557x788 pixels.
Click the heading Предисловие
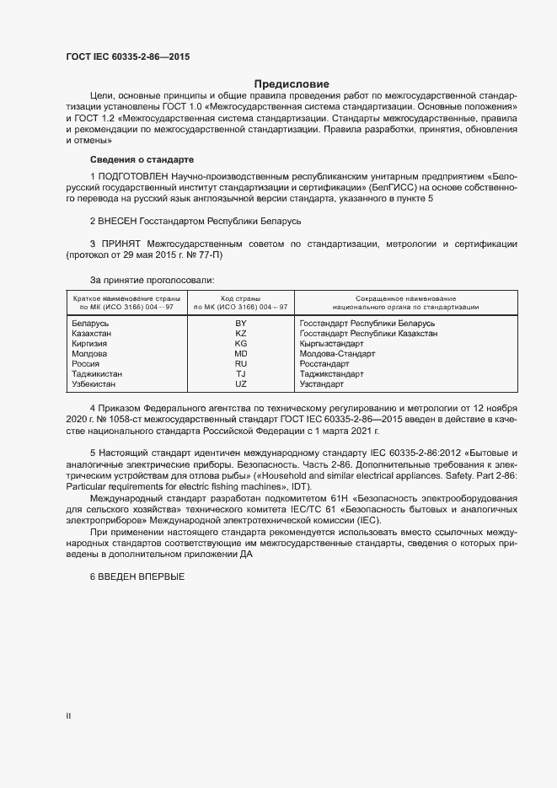tap(292, 83)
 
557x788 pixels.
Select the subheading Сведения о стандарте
tap(142, 158)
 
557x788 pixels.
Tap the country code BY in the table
tap(240, 323)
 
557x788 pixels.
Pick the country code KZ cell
tap(240, 333)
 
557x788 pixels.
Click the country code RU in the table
tap(240, 363)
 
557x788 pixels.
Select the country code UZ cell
tap(240, 383)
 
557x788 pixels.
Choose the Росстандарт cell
tap(324, 363)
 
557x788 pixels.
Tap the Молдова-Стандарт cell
tap(337, 353)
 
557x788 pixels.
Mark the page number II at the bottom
tap(68, 716)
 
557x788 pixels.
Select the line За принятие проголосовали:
tap(152, 279)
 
